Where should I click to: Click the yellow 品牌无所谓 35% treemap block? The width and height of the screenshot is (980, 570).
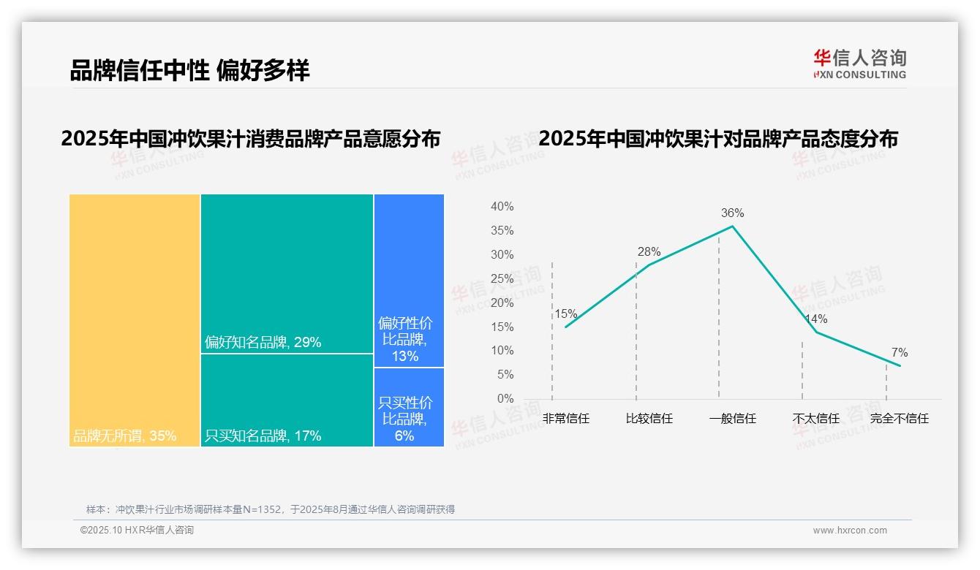click(135, 319)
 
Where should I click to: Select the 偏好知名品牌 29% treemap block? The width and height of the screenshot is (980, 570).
click(287, 273)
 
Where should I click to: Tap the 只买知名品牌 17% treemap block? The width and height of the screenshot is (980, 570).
click(287, 400)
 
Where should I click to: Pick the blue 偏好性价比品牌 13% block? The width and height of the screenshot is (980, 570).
click(409, 280)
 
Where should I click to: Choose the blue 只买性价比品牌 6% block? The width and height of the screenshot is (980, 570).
click(409, 407)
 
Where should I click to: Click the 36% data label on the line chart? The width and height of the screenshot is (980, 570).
click(732, 213)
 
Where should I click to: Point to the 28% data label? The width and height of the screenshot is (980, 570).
click(649, 252)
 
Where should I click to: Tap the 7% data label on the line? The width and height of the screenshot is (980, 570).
click(900, 353)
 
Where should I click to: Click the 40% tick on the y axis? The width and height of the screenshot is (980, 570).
click(502, 207)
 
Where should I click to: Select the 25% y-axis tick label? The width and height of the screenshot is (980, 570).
click(502, 278)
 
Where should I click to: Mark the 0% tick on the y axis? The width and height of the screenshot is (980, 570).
click(505, 399)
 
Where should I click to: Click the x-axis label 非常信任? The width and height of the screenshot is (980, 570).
click(566, 419)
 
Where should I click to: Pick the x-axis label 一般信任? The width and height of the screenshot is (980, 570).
click(733, 419)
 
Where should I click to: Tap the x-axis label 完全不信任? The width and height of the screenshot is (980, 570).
click(900, 419)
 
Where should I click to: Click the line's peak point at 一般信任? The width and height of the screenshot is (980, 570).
click(733, 226)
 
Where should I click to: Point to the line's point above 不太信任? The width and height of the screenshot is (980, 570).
click(816, 332)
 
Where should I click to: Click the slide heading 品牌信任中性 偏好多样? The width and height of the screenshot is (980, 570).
click(189, 70)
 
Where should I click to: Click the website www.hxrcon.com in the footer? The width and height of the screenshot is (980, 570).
click(850, 531)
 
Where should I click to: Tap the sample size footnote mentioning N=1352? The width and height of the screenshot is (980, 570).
click(271, 509)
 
